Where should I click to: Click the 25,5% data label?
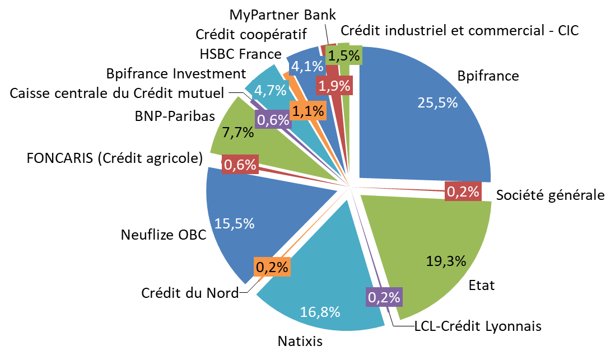437,102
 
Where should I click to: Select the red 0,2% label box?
463,192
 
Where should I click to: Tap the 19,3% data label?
446,261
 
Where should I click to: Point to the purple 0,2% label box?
384,297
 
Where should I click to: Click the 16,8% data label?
320,312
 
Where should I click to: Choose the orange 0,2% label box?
272,267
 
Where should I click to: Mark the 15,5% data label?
234,223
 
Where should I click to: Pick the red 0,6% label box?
240,165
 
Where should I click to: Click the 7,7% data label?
237,133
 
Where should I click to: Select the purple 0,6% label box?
273,119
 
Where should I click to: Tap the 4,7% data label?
271,90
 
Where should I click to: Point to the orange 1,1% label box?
308,111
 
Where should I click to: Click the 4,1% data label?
307,67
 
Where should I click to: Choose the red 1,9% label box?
334,86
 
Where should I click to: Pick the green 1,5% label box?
344,55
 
